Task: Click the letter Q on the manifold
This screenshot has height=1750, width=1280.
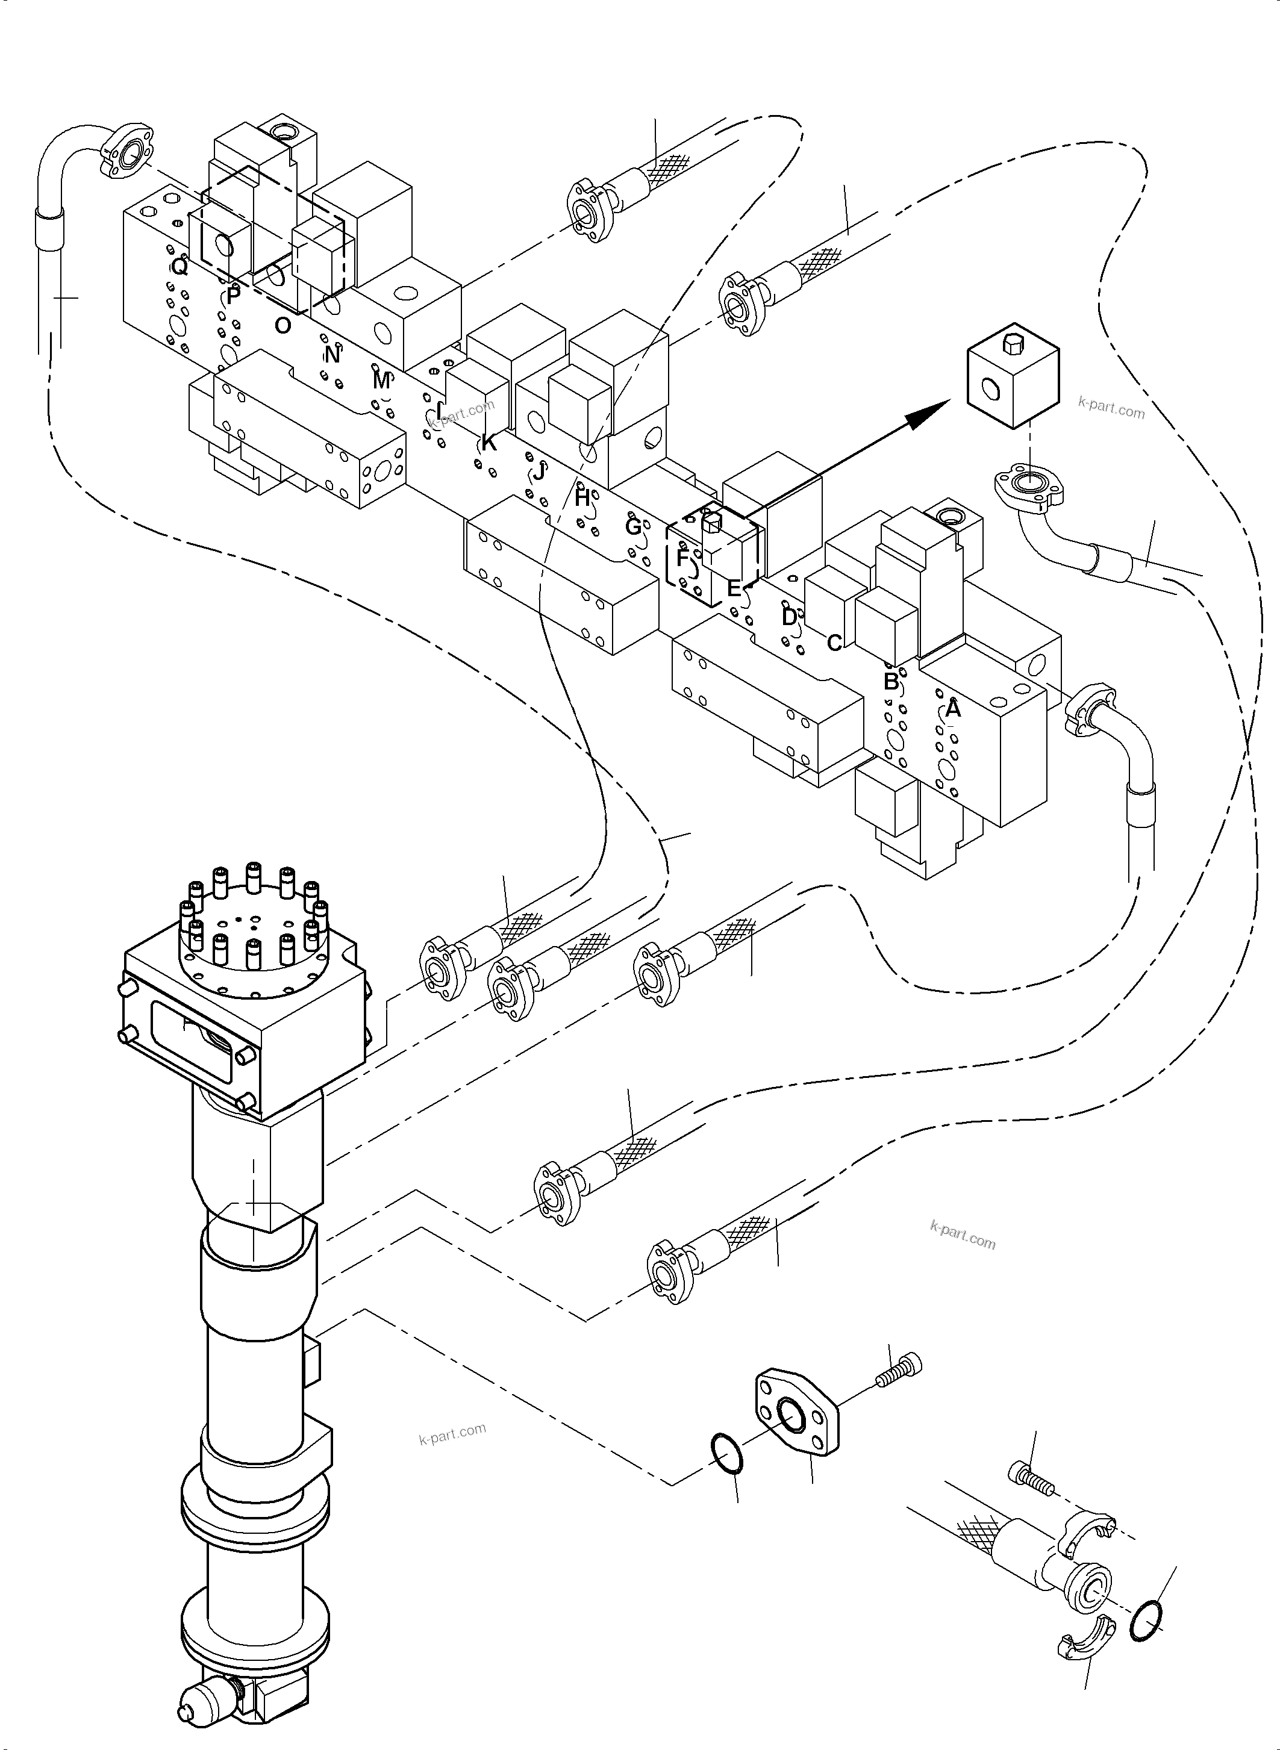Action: [179, 267]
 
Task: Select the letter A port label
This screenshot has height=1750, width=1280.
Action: [953, 709]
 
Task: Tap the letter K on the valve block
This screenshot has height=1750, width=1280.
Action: [488, 444]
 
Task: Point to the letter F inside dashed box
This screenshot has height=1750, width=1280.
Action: [682, 558]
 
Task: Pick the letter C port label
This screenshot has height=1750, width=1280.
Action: [834, 643]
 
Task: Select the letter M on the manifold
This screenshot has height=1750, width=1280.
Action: [381, 381]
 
